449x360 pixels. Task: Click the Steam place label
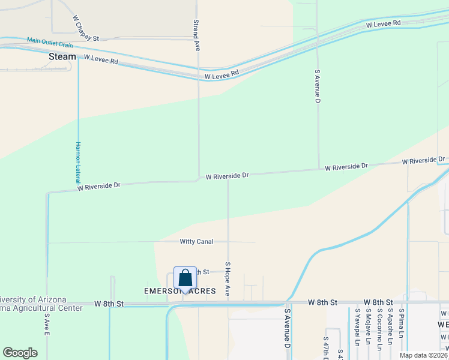click(x=62, y=56)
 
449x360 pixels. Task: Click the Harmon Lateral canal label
click(x=78, y=163)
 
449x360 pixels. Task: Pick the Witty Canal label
click(x=196, y=242)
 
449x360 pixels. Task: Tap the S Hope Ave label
click(x=228, y=278)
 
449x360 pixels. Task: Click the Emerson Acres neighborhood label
click(x=180, y=291)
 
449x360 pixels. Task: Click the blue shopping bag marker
click(x=185, y=279)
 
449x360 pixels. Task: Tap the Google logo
click(x=20, y=353)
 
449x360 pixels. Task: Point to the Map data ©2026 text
click(x=424, y=355)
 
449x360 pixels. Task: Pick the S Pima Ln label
click(x=401, y=325)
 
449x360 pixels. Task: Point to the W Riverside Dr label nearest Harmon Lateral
click(x=99, y=187)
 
